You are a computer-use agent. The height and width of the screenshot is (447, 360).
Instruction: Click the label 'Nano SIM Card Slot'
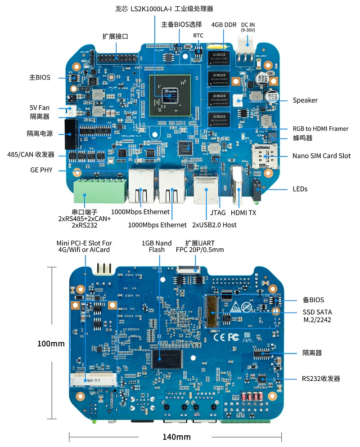pyautogui.click(x=321, y=156)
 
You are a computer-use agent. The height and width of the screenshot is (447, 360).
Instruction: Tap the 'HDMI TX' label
pyautogui.click(x=243, y=212)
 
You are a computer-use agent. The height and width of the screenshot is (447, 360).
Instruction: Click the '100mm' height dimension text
pyautogui.click(x=51, y=344)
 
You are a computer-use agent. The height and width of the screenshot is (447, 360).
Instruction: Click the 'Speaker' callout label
pyautogui.click(x=305, y=100)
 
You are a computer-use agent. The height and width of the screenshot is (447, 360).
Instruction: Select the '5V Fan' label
pyautogui.click(x=40, y=107)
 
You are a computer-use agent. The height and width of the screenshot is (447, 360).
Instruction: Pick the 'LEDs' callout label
pyautogui.click(x=300, y=189)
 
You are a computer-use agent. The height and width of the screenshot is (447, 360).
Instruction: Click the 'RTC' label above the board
pyautogui.click(x=198, y=35)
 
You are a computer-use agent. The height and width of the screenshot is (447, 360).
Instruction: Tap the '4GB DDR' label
pyautogui.click(x=224, y=25)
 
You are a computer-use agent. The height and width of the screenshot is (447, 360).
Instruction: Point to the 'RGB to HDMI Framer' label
pyautogui.click(x=320, y=129)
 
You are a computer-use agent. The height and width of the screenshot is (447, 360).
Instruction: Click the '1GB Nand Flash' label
pyautogui.click(x=157, y=246)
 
